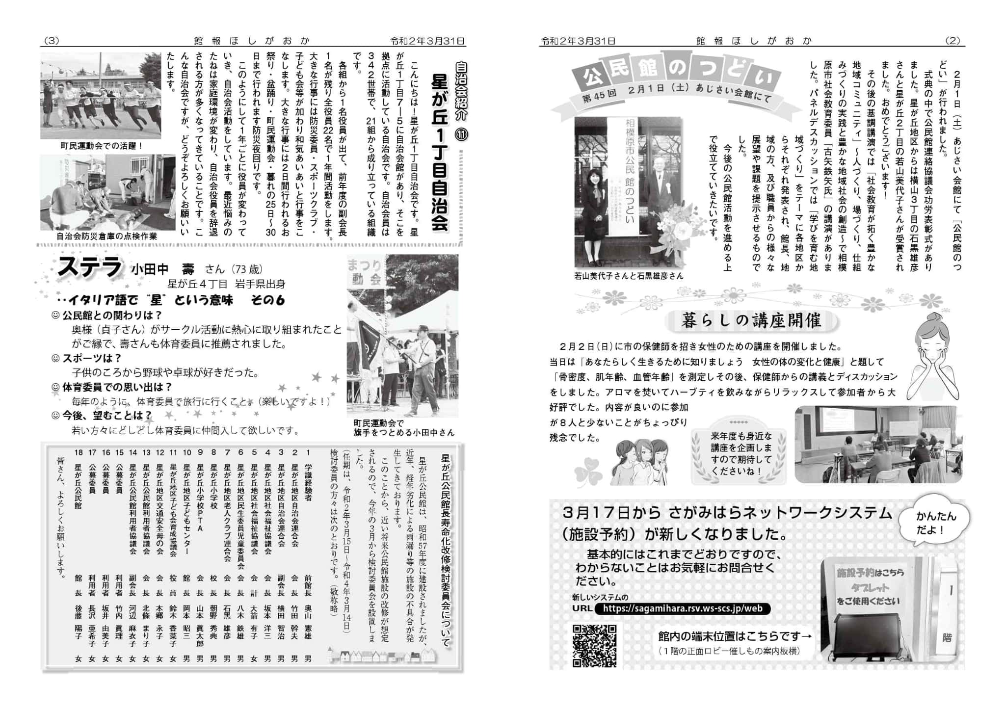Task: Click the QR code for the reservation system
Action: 594,645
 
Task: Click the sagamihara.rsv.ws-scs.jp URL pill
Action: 683,608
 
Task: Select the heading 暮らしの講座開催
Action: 751,321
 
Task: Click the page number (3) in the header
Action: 52,41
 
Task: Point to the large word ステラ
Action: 89,267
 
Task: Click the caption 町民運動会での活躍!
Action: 102,146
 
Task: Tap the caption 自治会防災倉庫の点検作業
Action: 107,236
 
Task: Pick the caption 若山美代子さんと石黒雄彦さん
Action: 629,276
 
